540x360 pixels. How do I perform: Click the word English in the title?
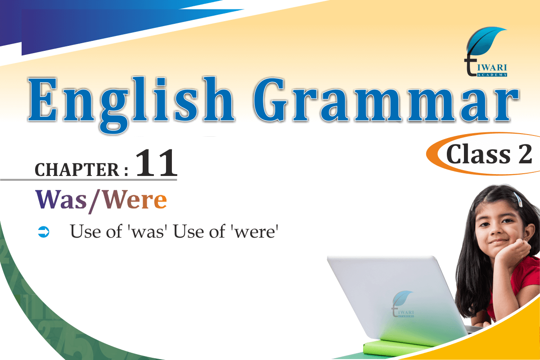click(131, 105)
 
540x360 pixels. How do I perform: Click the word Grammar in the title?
click(386, 100)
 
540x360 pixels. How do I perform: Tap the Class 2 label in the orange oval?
click(489, 154)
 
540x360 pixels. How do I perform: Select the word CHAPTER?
click(77, 170)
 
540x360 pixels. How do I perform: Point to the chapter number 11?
click(157, 163)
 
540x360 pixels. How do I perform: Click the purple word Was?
click(61, 200)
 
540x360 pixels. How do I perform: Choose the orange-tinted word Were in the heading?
click(135, 200)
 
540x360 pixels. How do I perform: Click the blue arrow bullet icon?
click(44, 232)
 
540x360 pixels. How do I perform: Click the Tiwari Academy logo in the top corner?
click(486, 52)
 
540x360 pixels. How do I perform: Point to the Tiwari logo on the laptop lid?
click(403, 304)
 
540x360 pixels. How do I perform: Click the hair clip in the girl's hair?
click(518, 199)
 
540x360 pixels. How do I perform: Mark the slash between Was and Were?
click(94, 201)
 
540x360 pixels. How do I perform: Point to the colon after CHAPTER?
click(126, 170)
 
